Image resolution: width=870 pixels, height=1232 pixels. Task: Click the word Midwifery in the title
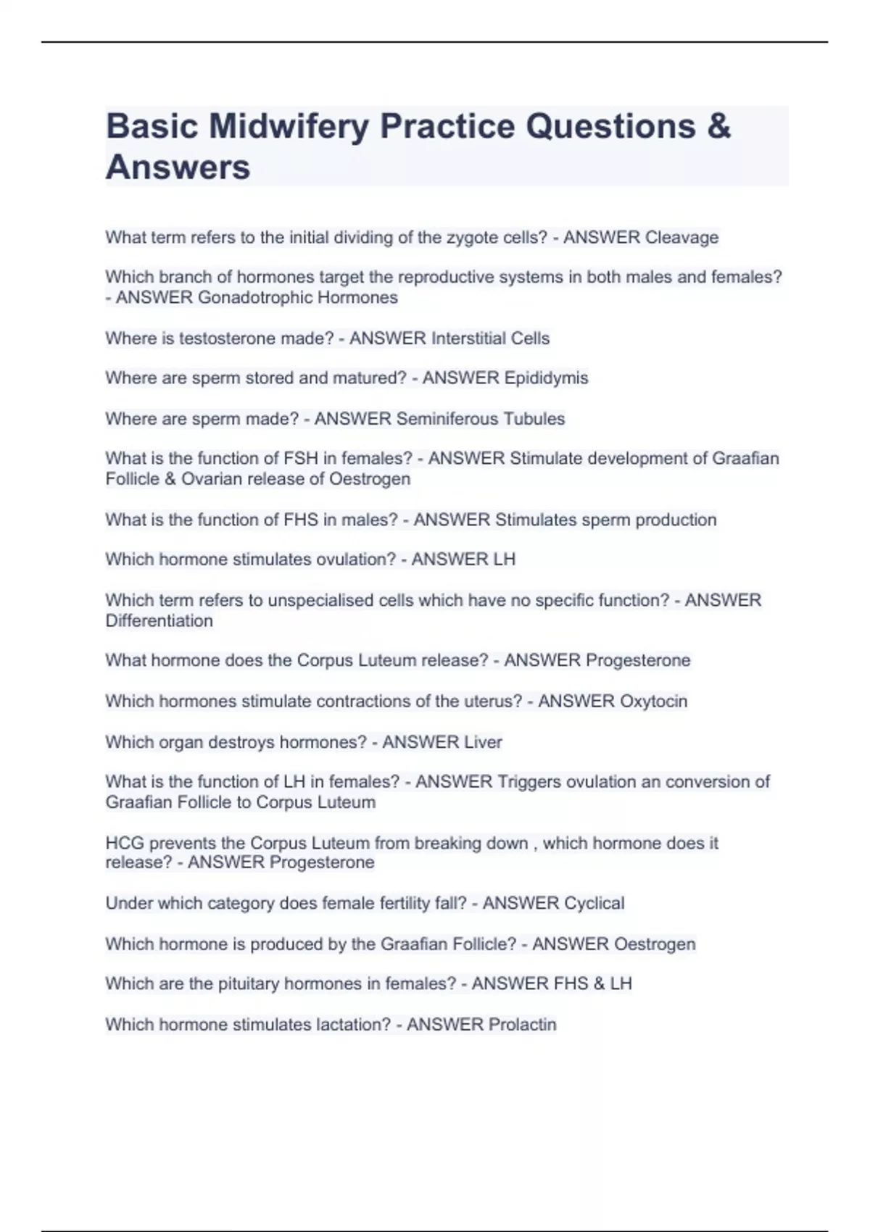point(289,127)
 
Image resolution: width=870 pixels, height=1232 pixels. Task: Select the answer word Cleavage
point(681,238)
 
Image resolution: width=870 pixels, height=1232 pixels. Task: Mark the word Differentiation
point(159,621)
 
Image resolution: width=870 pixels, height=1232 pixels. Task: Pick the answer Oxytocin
point(653,702)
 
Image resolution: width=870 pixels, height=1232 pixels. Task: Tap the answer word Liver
point(483,742)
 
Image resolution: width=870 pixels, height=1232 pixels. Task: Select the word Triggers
point(529,782)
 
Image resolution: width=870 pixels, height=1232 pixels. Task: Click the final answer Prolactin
point(522,1025)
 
